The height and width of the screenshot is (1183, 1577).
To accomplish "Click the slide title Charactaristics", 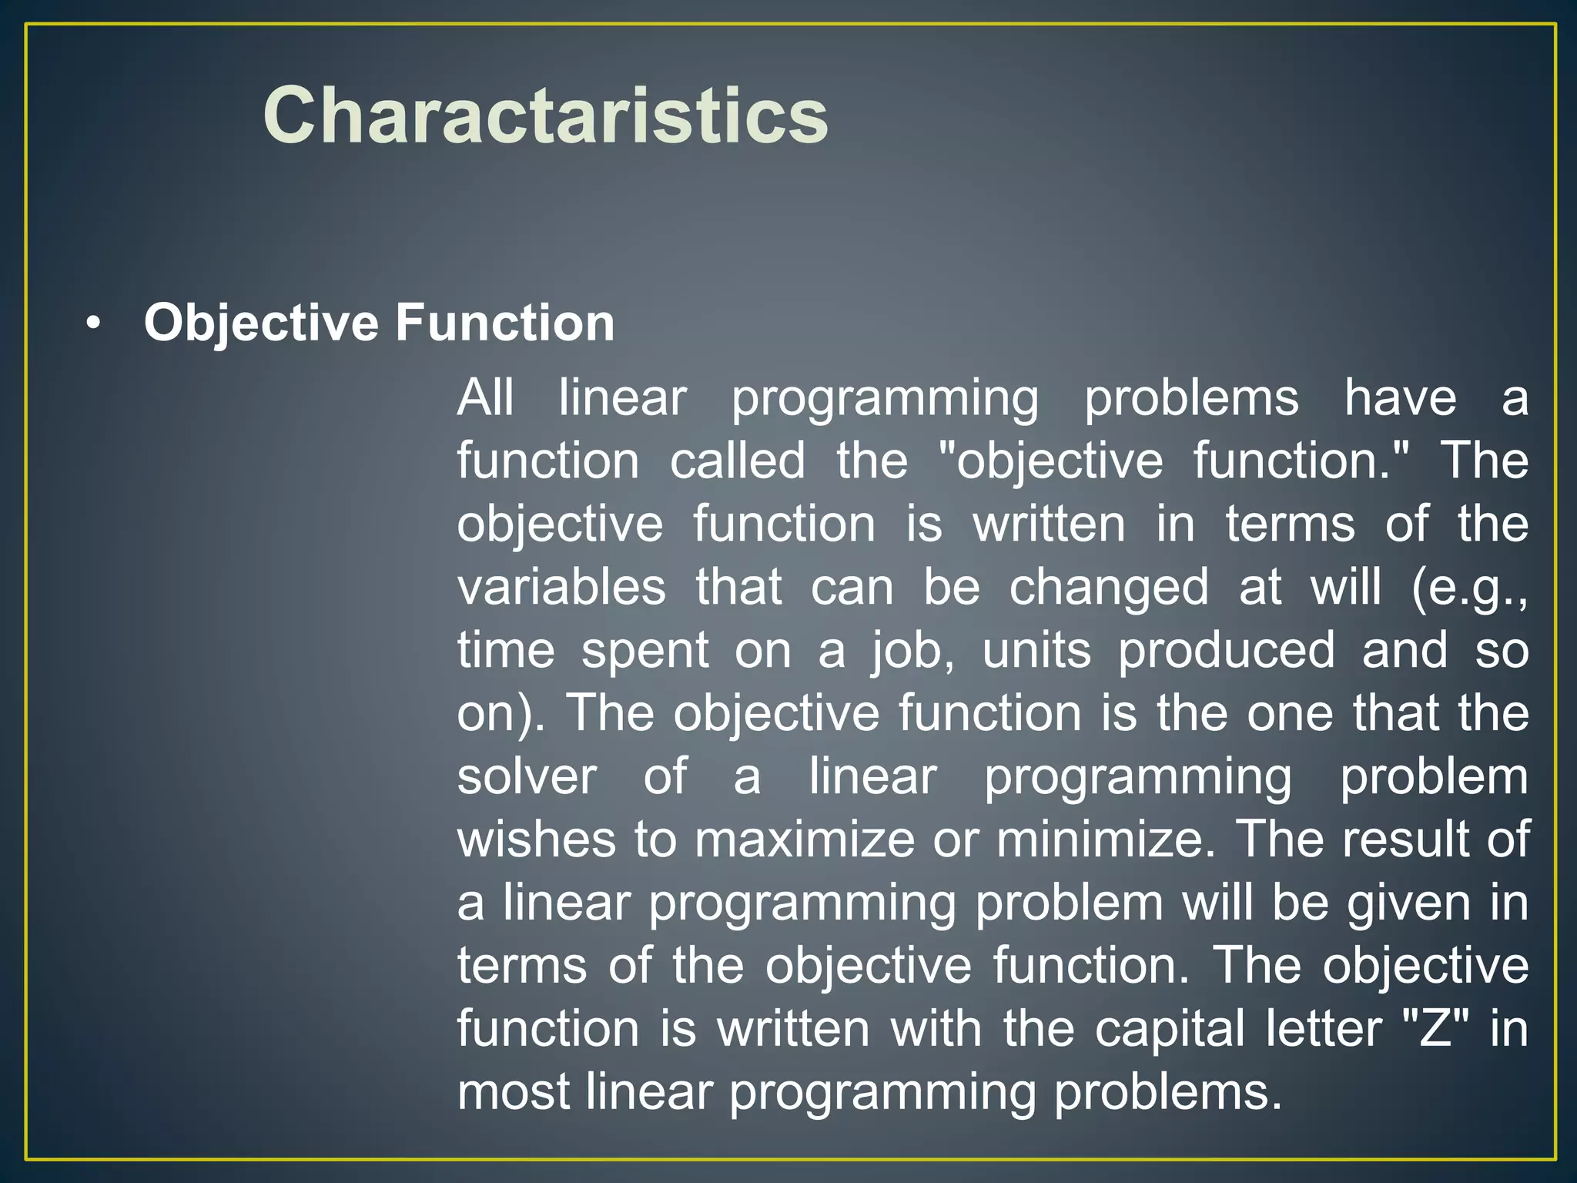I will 545,116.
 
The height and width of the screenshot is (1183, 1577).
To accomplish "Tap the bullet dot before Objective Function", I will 93,324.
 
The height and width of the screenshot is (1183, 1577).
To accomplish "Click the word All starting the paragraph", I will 485,398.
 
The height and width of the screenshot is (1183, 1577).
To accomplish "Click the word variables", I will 561,587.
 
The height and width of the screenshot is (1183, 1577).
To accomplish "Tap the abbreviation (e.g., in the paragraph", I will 1469,588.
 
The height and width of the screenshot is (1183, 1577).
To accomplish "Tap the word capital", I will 1169,1029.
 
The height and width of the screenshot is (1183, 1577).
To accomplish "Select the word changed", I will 1109,588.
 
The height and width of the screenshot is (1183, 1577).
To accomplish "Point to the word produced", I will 1226,651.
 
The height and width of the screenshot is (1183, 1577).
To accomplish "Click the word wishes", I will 536,839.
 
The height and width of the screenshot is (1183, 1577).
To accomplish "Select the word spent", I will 645,652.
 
